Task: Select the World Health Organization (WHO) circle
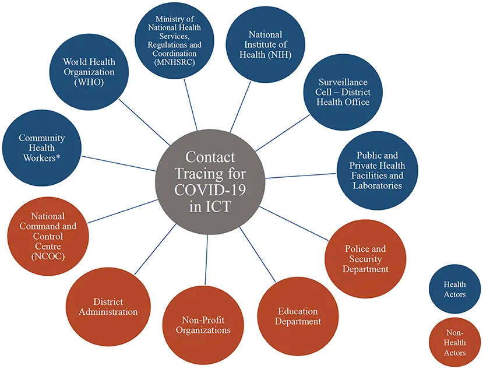[x=89, y=72]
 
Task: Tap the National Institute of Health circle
[x=266, y=44]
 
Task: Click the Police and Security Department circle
[x=365, y=258]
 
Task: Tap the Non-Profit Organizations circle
[x=203, y=325]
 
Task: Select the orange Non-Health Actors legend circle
[x=454, y=342]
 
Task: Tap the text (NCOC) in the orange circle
[x=48, y=256]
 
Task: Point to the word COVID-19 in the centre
[x=208, y=189]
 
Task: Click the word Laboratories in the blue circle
[x=377, y=185]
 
